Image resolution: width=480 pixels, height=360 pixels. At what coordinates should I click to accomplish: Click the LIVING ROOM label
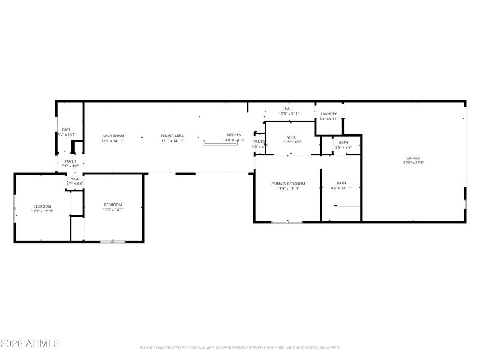coord(112,136)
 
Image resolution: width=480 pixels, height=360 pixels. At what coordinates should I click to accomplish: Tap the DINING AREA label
coord(172,136)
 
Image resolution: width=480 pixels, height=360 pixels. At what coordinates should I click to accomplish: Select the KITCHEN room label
coord(234,135)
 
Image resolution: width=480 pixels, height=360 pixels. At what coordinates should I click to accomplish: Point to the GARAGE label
coord(413,158)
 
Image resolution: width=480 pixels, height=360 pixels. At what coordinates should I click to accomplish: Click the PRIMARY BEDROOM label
coord(288,184)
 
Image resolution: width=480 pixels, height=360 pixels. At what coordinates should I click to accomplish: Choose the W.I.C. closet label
coord(292,137)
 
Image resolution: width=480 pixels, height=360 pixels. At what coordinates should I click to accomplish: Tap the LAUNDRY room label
coord(328,114)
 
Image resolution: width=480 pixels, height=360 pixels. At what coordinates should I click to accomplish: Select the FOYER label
coord(70,161)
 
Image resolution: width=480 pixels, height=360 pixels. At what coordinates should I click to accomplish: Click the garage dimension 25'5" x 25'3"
coord(413,163)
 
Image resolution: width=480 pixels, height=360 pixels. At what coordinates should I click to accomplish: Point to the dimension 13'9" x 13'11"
coord(288,188)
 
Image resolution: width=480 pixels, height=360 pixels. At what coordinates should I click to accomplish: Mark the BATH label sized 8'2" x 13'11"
coord(341,183)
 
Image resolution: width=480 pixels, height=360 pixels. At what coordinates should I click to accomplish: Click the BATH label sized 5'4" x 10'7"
coord(67,130)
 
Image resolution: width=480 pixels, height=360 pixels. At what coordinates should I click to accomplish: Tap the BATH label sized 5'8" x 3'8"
coord(343,142)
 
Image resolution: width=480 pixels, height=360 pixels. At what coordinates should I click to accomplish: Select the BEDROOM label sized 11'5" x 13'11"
coord(43,206)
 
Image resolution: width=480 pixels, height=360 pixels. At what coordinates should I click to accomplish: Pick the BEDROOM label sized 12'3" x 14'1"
coord(113,205)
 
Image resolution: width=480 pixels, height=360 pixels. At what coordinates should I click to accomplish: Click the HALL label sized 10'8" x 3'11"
coord(289,109)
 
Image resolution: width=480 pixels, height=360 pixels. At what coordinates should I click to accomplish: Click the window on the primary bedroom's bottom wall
coord(286,222)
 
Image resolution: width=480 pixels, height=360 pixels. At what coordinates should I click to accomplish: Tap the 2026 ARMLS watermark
coord(30,344)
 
